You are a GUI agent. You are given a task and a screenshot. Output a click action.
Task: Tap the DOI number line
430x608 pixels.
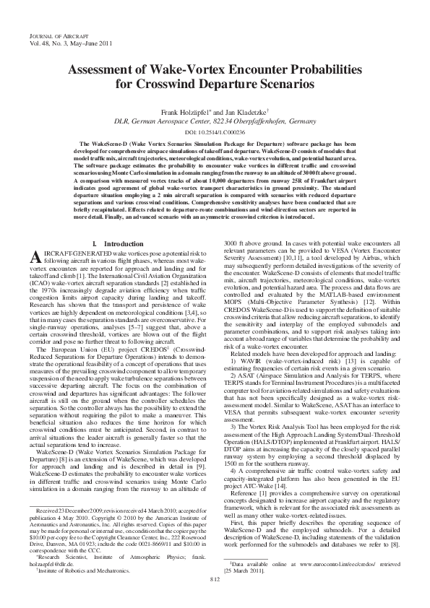tap(214, 133)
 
